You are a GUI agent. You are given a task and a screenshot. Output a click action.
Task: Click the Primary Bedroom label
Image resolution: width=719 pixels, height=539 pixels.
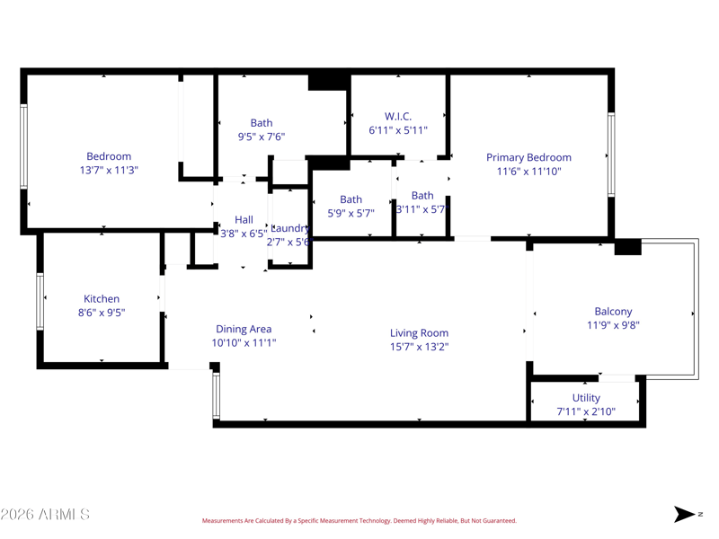coord(528,157)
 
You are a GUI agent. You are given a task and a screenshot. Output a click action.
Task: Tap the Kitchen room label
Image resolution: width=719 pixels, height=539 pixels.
coord(102,299)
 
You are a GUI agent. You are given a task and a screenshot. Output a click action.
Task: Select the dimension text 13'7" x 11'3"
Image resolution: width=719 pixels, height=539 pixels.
coord(109,170)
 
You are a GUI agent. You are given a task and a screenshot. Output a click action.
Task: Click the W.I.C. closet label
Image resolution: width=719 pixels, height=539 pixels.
coord(398,117)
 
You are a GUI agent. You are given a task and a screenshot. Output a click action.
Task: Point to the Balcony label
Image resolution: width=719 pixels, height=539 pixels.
coord(613,312)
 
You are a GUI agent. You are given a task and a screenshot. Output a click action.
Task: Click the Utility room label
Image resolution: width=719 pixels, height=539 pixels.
coord(586,398)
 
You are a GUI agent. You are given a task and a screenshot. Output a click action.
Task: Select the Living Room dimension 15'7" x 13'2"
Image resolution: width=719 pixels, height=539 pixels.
coord(419,347)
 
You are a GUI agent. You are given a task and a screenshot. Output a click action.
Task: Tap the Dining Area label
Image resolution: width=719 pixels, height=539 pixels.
coord(243,329)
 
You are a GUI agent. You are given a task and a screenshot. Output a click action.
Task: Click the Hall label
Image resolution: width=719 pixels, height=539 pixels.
coord(244,219)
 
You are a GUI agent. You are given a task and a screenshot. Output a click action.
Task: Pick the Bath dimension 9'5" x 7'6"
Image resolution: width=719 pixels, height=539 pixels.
coord(262,137)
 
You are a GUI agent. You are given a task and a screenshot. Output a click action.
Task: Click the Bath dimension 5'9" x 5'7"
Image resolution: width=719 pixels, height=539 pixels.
coord(351,214)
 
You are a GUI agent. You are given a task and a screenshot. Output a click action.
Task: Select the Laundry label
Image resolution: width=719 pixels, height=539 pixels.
coord(290,228)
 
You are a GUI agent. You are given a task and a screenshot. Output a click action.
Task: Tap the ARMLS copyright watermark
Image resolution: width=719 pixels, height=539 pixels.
coord(45,515)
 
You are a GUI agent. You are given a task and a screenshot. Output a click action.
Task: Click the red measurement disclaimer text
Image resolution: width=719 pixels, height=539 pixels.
coord(359,521)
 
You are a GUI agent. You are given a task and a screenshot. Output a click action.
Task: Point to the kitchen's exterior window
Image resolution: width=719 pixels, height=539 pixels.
coord(40,301)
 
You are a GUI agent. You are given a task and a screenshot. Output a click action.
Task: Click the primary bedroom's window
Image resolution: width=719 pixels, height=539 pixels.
coord(611,155)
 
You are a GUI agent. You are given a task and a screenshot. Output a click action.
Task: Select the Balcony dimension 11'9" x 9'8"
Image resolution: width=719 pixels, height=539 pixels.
coord(613,326)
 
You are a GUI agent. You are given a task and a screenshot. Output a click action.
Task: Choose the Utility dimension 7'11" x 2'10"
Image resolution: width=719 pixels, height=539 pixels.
coord(586,412)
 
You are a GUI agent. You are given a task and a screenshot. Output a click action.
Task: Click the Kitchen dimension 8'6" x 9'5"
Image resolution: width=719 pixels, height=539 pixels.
coord(102,314)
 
